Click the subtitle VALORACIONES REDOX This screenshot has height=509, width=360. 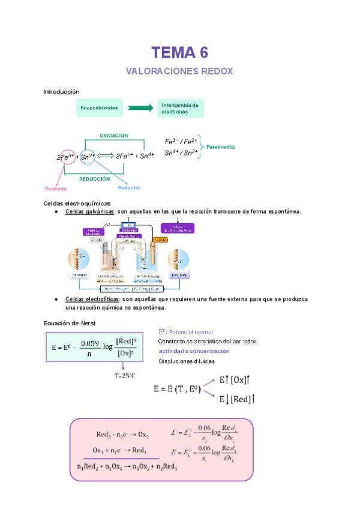[179, 71]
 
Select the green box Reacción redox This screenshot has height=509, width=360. [100, 108]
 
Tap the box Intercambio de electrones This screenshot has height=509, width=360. [180, 108]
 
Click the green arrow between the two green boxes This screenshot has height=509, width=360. [140, 108]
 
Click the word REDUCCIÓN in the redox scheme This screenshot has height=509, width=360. [95, 178]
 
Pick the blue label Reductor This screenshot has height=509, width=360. [129, 188]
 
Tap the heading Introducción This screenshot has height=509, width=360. [61, 91]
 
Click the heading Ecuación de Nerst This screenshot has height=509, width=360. [70, 324]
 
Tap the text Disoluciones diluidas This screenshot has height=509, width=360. [187, 361]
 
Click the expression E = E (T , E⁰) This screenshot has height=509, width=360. [178, 389]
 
